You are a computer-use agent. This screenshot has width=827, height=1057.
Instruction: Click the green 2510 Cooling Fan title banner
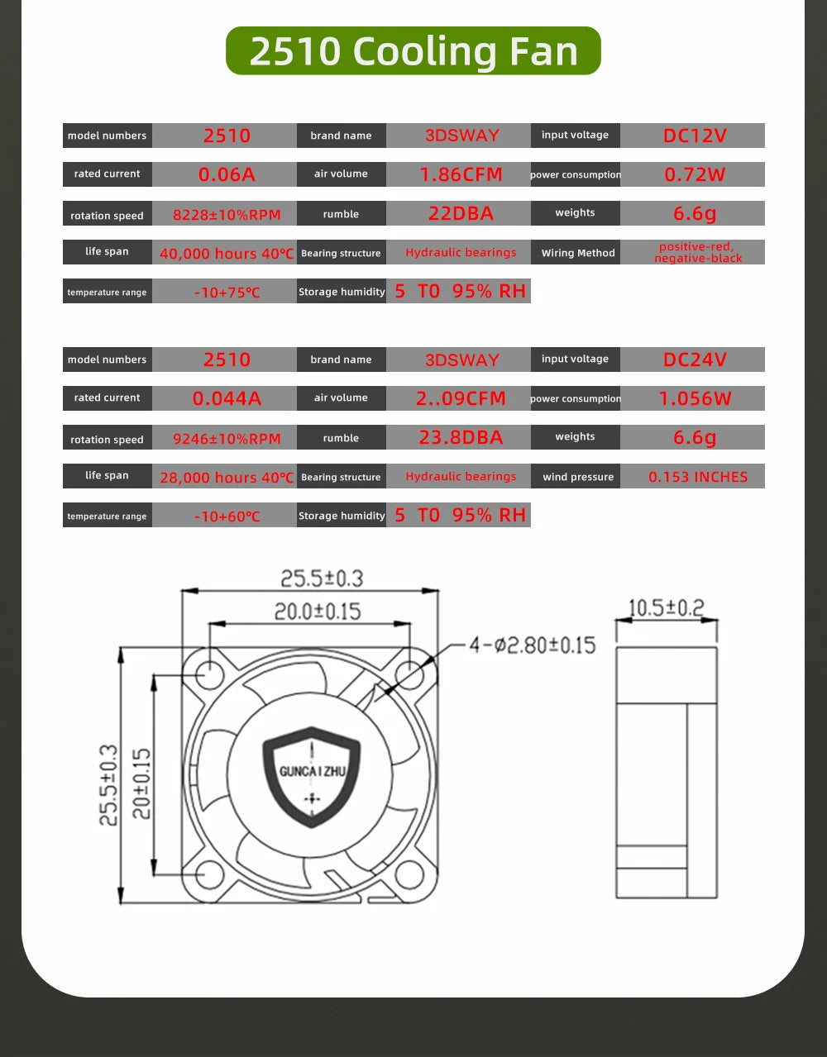click(x=413, y=51)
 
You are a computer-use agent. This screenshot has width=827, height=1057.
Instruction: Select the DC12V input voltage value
click(x=693, y=136)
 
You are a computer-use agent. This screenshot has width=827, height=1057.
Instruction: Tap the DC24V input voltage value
click(x=693, y=359)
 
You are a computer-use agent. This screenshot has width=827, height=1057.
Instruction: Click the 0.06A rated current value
click(x=226, y=174)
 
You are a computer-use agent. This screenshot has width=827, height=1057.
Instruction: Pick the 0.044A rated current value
click(x=226, y=398)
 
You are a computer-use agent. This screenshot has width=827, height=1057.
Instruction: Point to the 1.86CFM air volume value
click(x=460, y=174)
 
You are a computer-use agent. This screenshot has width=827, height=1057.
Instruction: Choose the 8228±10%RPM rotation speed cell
click(x=226, y=215)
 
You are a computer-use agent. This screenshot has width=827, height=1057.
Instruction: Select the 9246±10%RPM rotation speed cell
click(x=226, y=439)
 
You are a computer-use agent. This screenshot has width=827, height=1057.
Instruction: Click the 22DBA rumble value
click(x=460, y=213)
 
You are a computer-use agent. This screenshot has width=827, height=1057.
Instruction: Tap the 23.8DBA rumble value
click(x=460, y=437)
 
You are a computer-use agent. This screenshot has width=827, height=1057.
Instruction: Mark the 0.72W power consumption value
click(x=693, y=174)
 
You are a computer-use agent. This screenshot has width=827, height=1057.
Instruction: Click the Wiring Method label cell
click(x=577, y=253)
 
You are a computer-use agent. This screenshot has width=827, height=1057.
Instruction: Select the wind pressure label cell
click(x=577, y=477)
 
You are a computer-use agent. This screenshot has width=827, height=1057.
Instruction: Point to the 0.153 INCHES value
click(x=697, y=477)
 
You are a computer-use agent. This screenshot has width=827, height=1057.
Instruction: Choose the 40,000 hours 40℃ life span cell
click(x=226, y=254)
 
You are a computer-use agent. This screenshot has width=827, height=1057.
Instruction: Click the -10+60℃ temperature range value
click(x=226, y=517)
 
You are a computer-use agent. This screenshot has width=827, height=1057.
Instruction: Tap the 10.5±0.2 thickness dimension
click(x=666, y=608)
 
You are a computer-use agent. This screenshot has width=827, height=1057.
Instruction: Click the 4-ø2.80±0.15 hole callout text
click(x=532, y=645)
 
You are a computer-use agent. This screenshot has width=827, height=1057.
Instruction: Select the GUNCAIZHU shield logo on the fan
click(x=312, y=775)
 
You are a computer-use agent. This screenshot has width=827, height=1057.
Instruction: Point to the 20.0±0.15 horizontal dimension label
click(x=318, y=612)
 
